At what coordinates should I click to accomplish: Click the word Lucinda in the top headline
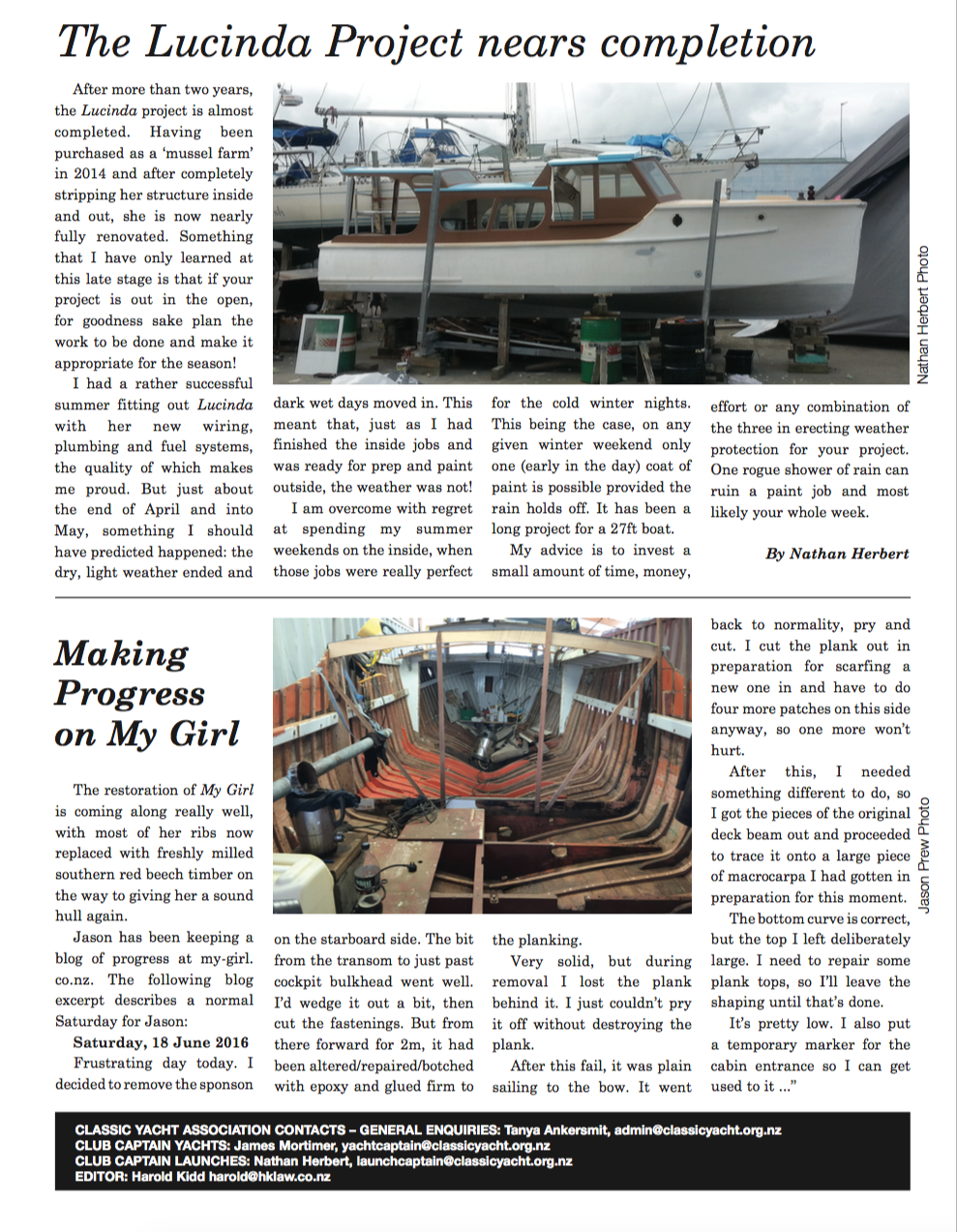[228, 42]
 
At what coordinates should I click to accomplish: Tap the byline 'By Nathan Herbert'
[837, 554]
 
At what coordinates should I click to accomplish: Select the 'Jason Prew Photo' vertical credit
[923, 855]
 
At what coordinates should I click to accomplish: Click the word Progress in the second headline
[130, 693]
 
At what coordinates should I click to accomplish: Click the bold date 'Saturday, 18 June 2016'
[161, 1042]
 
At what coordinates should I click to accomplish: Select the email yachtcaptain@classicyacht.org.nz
[445, 1146]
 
